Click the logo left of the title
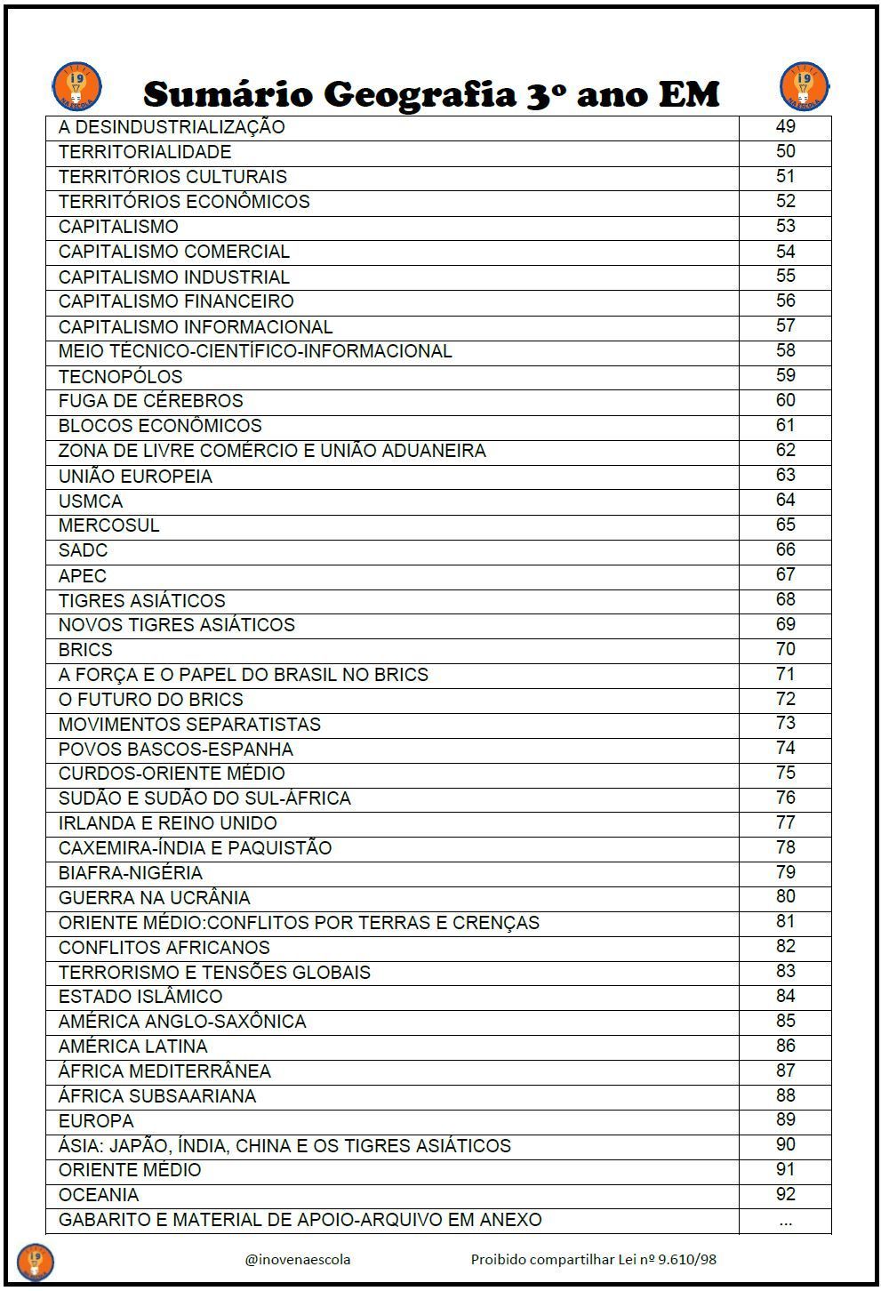(x=76, y=86)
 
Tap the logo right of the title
(x=804, y=86)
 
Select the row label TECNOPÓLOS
(x=120, y=376)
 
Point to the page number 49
(x=785, y=126)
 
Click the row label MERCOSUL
(x=108, y=525)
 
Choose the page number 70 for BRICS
(x=785, y=649)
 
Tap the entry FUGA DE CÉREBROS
(x=150, y=401)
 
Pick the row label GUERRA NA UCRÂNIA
(x=154, y=898)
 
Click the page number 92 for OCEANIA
(x=785, y=1194)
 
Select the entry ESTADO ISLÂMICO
(x=140, y=997)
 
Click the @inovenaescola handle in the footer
(x=297, y=1259)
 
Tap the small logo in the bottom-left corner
(x=36, y=1261)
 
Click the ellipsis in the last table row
(x=785, y=1221)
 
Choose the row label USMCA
(x=91, y=501)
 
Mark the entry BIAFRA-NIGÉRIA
(x=130, y=873)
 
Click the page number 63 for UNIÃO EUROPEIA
(x=785, y=475)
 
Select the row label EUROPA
(x=96, y=1120)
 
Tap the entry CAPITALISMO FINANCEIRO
(x=176, y=301)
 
